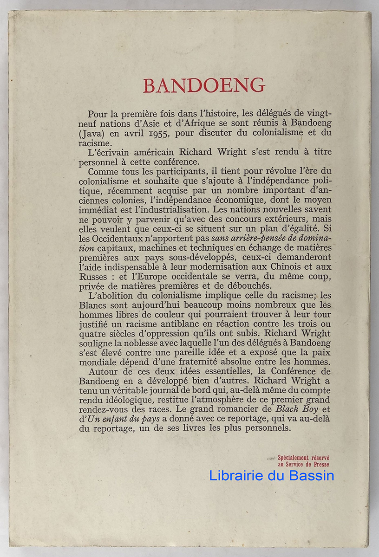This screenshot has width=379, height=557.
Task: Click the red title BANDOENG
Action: (204, 86)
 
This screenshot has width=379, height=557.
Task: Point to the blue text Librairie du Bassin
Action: (271, 475)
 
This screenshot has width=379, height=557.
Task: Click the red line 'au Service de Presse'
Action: (303, 464)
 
